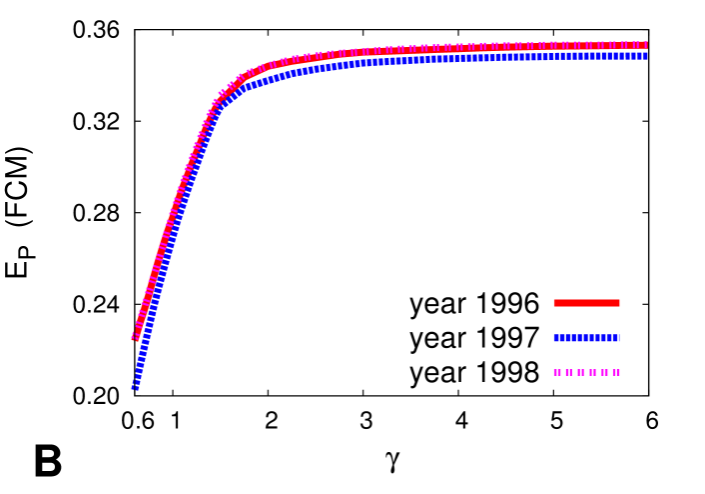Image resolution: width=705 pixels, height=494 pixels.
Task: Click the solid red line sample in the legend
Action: (x=586, y=303)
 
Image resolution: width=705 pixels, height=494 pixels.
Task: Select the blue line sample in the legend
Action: (x=586, y=338)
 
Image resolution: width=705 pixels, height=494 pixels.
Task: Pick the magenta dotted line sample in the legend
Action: (x=586, y=372)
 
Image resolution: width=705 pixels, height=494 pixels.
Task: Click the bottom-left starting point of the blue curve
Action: (x=134, y=386)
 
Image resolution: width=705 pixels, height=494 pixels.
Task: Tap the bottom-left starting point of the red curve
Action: (x=135, y=337)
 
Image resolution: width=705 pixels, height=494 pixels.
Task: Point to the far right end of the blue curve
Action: (x=646, y=56)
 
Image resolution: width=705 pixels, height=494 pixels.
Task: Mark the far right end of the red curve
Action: (x=646, y=45)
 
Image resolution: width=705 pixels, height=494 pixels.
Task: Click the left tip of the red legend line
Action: (x=554, y=303)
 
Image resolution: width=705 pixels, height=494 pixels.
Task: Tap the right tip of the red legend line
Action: (x=619, y=303)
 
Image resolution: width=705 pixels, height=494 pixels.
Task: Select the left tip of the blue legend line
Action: (x=554, y=338)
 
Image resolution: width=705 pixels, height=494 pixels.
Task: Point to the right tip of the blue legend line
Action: (x=619, y=338)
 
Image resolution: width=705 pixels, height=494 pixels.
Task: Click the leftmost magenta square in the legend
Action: (x=557, y=372)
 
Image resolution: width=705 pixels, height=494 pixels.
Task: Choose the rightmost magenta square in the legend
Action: (x=616, y=372)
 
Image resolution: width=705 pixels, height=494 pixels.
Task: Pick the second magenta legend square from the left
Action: (x=569, y=372)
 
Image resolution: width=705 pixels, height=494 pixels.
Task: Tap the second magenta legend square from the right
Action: (x=604, y=372)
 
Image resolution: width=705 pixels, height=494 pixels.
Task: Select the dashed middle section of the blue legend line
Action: (x=586, y=338)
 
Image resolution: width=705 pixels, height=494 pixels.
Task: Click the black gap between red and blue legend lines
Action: (x=586, y=320)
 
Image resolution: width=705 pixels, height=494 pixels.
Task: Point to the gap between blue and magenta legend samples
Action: (x=586, y=355)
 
